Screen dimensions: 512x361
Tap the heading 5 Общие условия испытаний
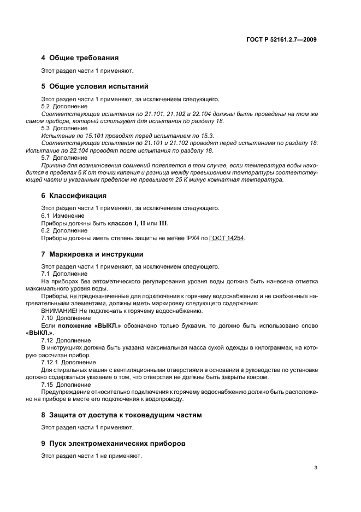coord(94,86)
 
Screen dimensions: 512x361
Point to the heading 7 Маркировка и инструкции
coord(92,254)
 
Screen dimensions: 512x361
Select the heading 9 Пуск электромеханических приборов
coord(113,444)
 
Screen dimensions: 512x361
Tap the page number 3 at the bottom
coord(316,468)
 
